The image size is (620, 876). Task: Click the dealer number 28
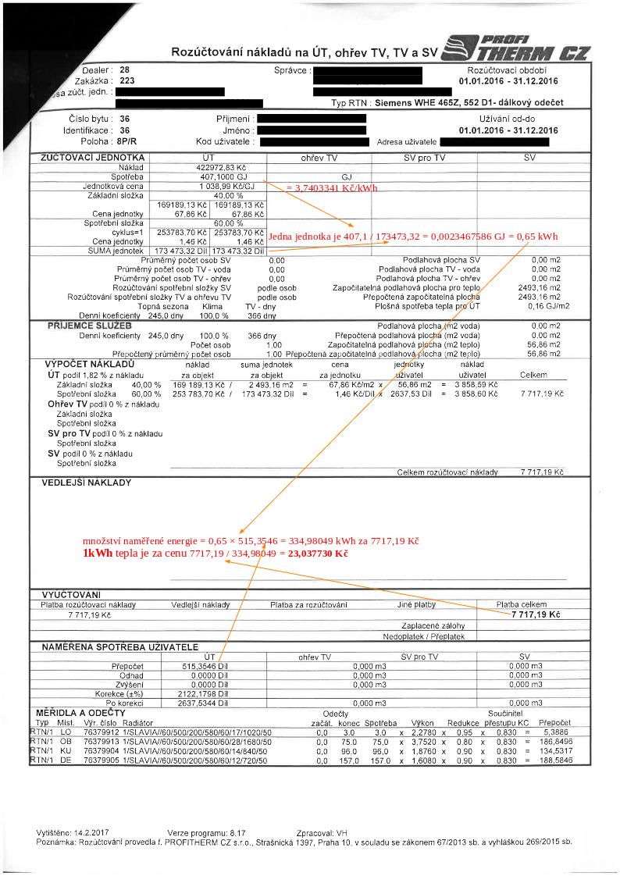point(125,70)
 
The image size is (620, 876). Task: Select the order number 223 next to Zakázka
point(127,80)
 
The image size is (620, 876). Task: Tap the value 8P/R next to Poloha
point(127,142)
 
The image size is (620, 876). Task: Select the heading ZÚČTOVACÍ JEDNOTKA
point(85,158)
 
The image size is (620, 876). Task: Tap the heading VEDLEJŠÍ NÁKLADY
point(87,483)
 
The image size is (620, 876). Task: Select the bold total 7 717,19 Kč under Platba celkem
point(536,615)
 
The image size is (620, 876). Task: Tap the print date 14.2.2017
point(94,833)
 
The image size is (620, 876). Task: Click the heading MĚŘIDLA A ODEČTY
point(80,714)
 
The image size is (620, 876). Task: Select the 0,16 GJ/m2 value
point(545,306)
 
